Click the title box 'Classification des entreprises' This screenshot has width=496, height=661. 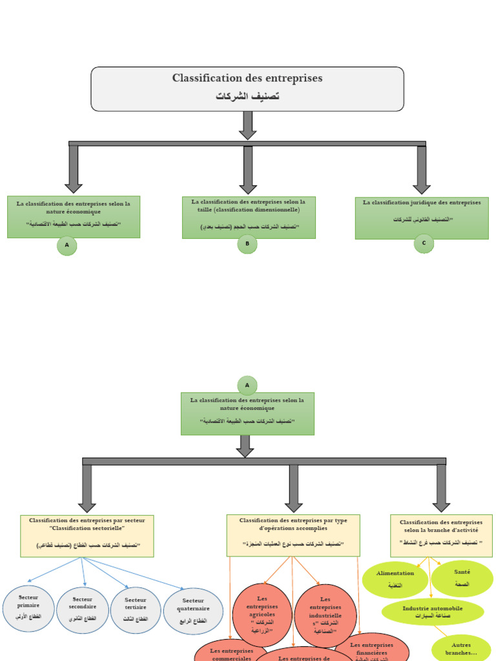point(247,88)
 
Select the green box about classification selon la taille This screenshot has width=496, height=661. point(249,217)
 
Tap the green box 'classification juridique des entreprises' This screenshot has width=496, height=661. point(422,218)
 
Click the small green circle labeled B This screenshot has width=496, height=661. point(247,244)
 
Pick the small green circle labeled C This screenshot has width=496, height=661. point(424,243)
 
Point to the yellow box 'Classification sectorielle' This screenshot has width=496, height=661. point(87,536)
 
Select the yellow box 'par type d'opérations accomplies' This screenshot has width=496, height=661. point(293,535)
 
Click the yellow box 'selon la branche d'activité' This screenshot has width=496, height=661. point(441,535)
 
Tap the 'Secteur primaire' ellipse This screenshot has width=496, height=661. point(28,609)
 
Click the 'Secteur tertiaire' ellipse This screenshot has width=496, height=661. point(136,610)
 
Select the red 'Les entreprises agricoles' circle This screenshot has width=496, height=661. point(262,615)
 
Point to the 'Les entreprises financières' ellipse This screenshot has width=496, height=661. point(373,647)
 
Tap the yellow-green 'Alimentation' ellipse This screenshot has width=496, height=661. point(395,579)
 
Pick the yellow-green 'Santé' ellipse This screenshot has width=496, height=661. point(462,578)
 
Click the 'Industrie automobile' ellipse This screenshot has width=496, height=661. point(433,612)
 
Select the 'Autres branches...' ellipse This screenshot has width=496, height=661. point(462,648)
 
